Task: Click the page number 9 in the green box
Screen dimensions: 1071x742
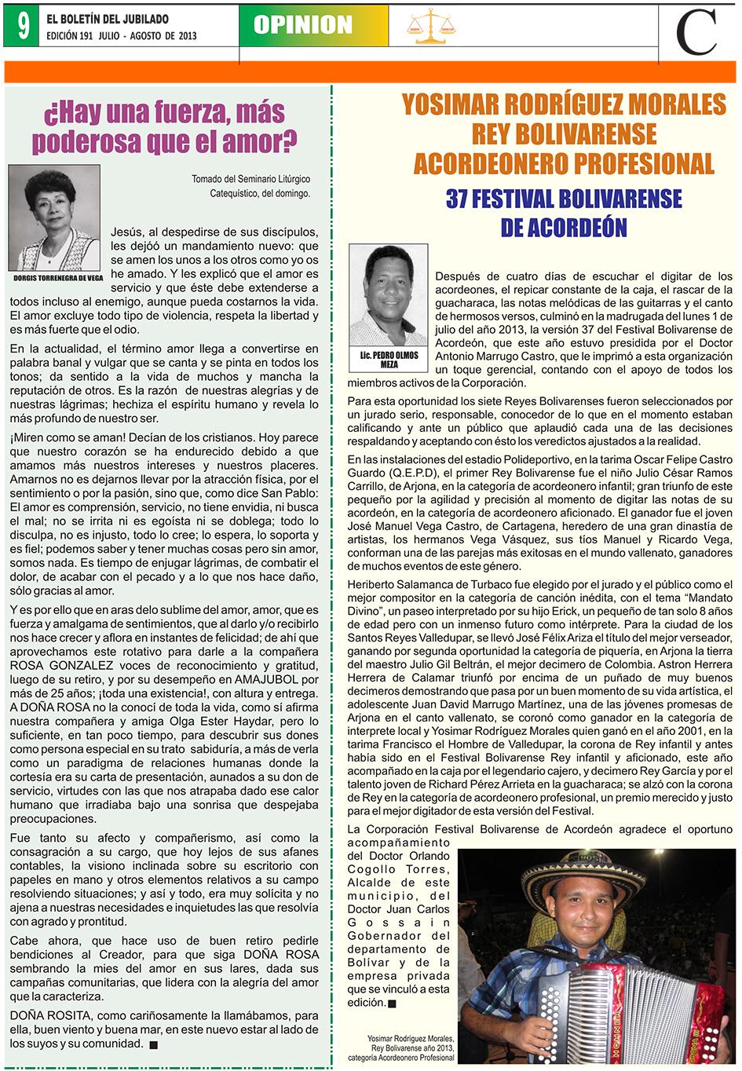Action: (22, 26)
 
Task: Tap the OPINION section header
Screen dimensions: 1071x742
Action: (303, 25)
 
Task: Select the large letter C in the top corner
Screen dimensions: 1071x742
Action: (697, 32)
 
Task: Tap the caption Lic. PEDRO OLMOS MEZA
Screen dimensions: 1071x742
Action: (389, 360)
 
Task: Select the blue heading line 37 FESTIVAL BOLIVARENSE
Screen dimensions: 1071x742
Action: (564, 199)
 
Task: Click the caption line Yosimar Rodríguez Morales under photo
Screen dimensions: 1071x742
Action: (410, 1039)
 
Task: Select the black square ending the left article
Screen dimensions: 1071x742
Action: (153, 1045)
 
